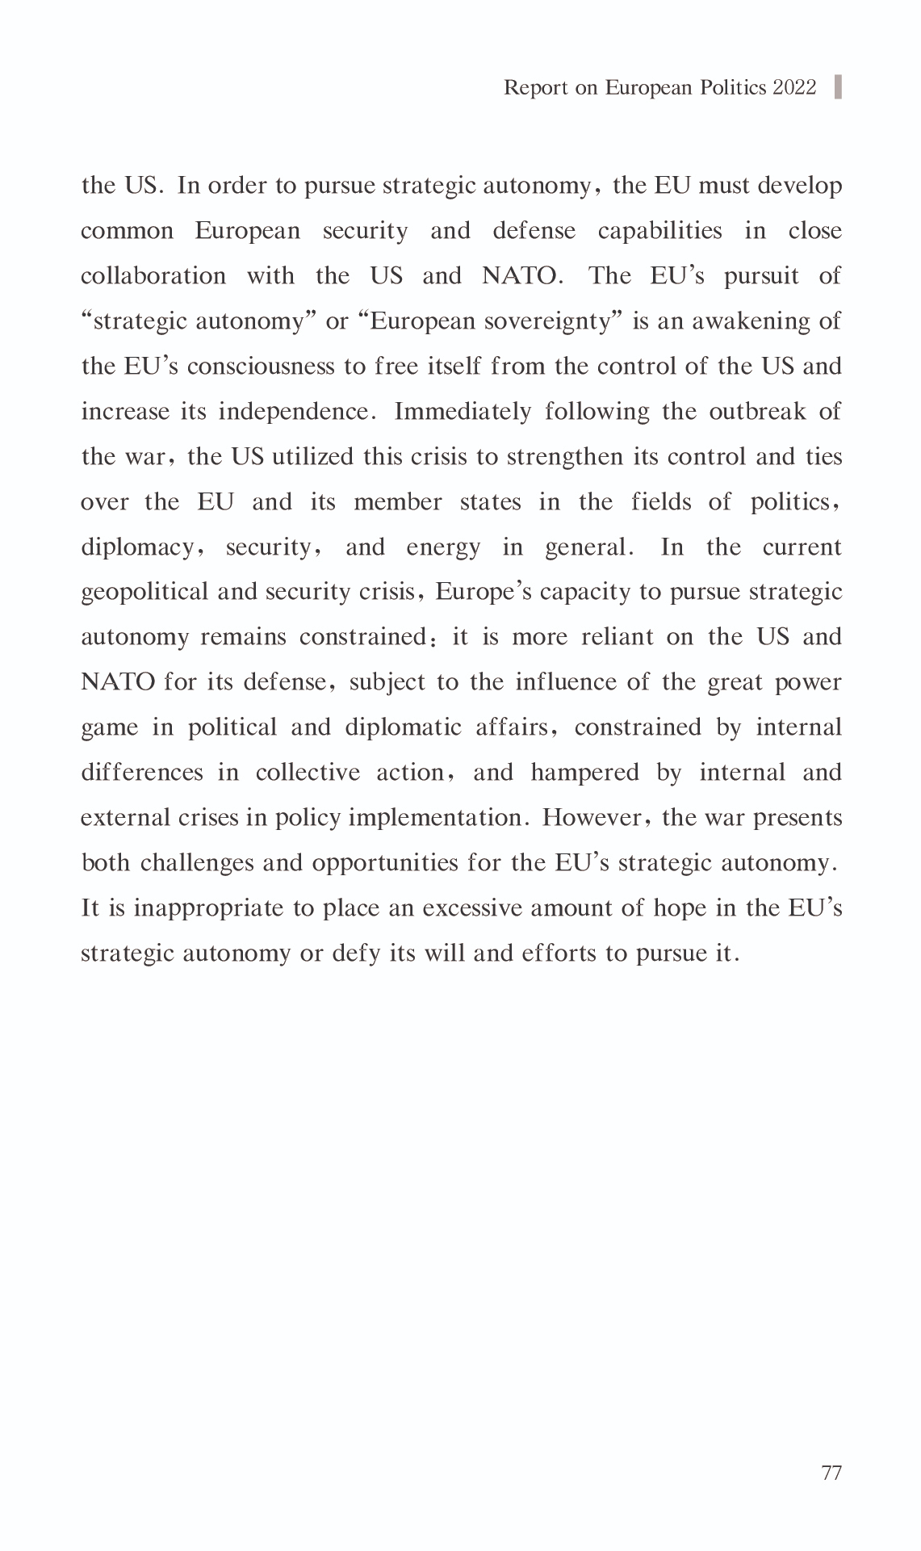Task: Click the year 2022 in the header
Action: pos(794,87)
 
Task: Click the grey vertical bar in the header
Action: pos(838,86)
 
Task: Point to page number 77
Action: pos(831,1473)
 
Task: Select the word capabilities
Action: pos(659,231)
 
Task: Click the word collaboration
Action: pos(153,276)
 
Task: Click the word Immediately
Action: pos(463,412)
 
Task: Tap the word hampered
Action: pos(584,773)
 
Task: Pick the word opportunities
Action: pos(385,863)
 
